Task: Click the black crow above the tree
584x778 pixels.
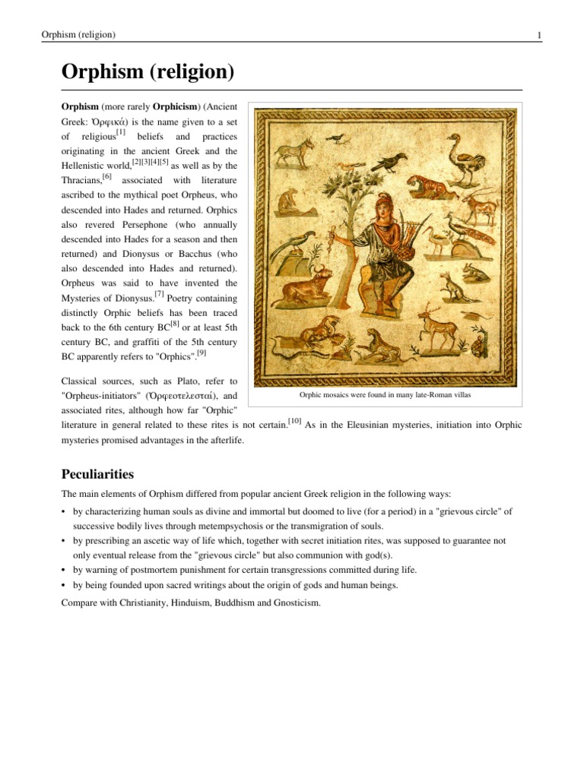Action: [x=393, y=160]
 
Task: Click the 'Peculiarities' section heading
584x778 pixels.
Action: [x=97, y=474]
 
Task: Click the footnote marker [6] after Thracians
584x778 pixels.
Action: [x=106, y=176]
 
